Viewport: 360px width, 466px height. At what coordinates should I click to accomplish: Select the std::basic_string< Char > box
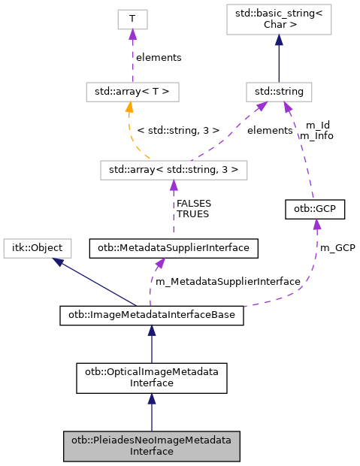click(279, 20)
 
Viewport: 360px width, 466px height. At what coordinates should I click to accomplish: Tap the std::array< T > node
click(132, 93)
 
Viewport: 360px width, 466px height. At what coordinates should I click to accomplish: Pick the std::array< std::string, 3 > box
click(173, 170)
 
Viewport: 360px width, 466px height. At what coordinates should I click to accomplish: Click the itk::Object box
click(38, 247)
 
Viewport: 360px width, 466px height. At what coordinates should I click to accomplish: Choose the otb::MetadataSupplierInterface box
click(174, 247)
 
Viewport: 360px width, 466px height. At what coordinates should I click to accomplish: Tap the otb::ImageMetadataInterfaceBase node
click(152, 316)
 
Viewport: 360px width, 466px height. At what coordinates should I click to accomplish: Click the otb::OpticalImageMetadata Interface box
click(152, 377)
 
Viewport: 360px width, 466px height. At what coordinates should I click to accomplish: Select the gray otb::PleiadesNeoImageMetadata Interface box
click(152, 446)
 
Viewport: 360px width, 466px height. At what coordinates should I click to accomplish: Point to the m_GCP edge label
click(337, 247)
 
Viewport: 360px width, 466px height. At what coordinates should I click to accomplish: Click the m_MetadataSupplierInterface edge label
click(228, 281)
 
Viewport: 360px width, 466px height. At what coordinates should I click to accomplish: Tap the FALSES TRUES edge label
click(193, 208)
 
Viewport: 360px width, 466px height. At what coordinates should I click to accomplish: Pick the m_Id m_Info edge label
click(316, 131)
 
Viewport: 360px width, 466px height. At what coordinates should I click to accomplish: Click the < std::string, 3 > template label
click(178, 130)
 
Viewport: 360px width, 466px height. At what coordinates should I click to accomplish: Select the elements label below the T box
click(158, 57)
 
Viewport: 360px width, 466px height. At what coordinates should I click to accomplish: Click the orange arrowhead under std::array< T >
click(129, 107)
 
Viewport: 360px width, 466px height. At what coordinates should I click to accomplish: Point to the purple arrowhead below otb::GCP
click(316, 224)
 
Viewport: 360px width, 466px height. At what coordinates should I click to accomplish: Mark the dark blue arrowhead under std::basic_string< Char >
click(279, 39)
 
